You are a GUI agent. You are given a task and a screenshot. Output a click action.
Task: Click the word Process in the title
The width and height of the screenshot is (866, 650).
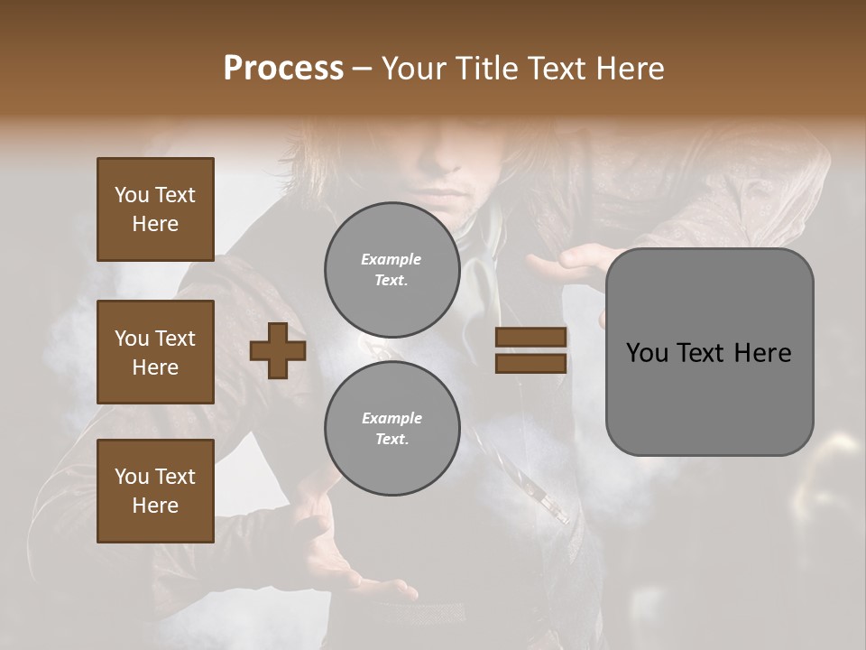[x=283, y=69]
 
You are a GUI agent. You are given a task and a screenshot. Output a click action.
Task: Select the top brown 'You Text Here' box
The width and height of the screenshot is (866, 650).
[x=155, y=209]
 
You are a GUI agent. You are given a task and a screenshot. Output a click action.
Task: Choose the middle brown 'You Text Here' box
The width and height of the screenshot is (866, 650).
[x=155, y=352]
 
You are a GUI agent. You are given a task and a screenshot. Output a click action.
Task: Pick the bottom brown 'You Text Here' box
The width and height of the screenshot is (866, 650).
[x=155, y=491]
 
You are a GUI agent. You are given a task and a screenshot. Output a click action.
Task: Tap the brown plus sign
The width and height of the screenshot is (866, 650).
[x=277, y=351]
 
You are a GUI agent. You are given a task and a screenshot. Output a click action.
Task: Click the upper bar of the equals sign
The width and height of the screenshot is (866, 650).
[x=530, y=338]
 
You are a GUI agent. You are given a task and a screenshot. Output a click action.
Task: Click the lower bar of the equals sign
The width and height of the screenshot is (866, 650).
[x=530, y=363]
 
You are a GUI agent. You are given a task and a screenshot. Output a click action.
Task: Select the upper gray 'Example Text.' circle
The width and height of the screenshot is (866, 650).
[x=392, y=270]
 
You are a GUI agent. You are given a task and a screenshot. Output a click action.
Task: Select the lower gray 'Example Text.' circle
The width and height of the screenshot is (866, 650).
[x=392, y=429]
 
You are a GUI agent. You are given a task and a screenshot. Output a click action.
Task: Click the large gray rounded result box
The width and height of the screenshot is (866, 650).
[x=709, y=352]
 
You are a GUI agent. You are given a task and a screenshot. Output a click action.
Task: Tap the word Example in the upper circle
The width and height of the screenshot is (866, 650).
[x=392, y=259]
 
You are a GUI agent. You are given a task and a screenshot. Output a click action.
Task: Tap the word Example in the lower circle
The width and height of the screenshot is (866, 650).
[x=392, y=418]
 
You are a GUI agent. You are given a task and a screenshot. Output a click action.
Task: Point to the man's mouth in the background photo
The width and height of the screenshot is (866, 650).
[x=445, y=196]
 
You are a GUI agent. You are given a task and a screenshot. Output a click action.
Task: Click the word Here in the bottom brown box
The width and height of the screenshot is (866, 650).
[x=155, y=506]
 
